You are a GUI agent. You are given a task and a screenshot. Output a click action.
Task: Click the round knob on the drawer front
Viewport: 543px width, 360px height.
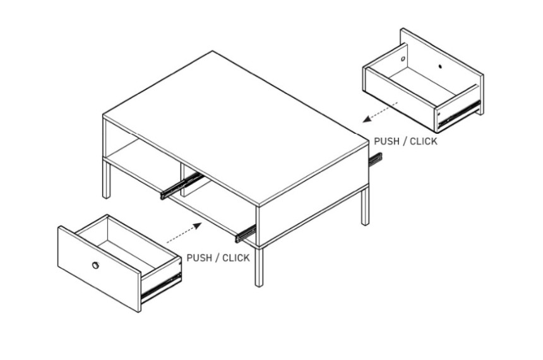pos(95,265)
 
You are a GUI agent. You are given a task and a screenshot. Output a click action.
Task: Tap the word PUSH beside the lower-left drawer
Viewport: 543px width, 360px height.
pos(199,258)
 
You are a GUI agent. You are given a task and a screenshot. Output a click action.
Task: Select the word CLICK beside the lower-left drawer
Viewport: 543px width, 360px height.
pos(236,258)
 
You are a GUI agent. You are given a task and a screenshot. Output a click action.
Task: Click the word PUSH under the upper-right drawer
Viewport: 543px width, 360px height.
pos(386,141)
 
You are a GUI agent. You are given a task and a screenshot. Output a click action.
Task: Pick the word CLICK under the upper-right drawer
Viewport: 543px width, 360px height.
pos(424,141)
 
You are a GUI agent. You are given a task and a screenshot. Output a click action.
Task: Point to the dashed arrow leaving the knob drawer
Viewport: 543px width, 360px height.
pos(184,233)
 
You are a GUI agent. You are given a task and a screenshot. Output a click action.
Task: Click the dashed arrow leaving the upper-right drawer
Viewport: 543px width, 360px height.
pos(380,112)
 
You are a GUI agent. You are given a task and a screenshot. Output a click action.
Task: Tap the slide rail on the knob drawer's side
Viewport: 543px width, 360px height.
pos(162,287)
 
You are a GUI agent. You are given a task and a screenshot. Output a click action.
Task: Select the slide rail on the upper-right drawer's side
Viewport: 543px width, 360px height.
pos(459,114)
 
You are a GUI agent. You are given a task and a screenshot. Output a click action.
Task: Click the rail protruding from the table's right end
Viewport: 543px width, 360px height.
pos(376,160)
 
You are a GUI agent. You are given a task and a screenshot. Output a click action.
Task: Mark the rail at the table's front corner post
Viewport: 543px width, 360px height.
pos(246,234)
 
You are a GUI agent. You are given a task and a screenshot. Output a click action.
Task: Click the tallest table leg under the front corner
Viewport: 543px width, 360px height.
pos(259,267)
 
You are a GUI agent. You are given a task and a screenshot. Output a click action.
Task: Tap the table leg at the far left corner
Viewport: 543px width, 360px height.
pos(106,179)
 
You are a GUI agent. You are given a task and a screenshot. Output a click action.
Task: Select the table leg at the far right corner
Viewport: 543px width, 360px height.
pos(365,207)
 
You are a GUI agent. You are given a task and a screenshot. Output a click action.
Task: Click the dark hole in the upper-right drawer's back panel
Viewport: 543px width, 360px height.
pos(440,66)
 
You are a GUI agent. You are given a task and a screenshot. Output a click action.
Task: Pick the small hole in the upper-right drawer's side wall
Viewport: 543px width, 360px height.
pos(403,59)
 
